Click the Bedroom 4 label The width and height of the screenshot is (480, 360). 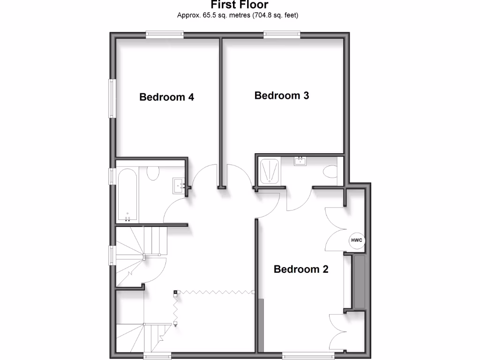(x=167, y=97)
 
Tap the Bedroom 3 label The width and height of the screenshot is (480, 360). (x=282, y=96)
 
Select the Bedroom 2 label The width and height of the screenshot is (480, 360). (x=301, y=270)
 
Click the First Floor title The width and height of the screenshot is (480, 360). (x=240, y=5)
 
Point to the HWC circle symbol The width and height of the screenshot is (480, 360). (x=357, y=240)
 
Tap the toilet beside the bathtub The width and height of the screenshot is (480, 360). (x=152, y=173)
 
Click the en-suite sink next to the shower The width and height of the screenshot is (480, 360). (x=300, y=162)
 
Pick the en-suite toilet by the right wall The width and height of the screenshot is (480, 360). (x=331, y=172)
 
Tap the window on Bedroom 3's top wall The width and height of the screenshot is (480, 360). (x=282, y=34)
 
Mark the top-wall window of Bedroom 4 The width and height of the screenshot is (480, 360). (x=164, y=34)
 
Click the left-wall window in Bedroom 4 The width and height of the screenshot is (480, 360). (x=112, y=98)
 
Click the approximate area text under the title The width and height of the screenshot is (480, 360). (x=238, y=15)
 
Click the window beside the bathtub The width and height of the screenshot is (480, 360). (x=112, y=176)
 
